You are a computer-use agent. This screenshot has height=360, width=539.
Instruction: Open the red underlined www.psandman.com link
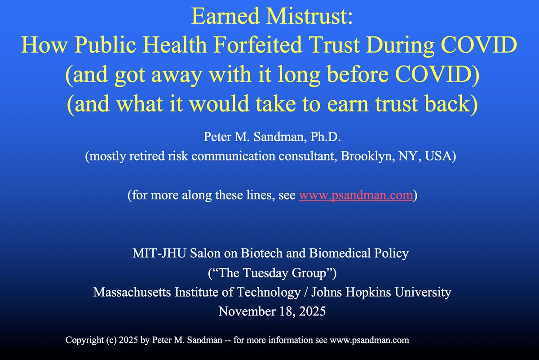coord(355,196)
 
